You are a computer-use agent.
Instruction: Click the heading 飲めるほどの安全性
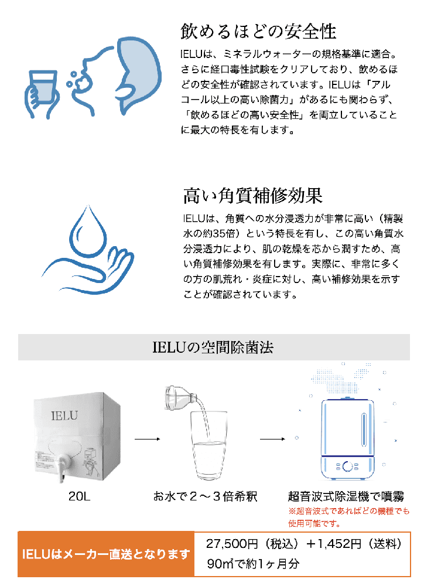point(258,32)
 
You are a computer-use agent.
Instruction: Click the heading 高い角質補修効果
point(252,196)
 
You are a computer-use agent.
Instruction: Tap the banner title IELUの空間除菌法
point(213,347)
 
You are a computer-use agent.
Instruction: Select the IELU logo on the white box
point(64,415)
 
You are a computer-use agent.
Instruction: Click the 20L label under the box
point(79,496)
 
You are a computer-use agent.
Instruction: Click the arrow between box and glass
point(147,439)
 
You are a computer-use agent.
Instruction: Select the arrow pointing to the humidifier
point(272,439)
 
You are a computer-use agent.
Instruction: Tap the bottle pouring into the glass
point(181,398)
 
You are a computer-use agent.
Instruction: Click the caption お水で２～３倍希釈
point(205,496)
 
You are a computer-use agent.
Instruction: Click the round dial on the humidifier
point(347,466)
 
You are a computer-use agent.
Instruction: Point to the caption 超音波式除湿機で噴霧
point(346,496)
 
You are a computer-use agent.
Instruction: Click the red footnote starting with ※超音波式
point(348,517)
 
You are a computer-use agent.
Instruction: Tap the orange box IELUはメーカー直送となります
point(106,554)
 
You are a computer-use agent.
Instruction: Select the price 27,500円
point(232,544)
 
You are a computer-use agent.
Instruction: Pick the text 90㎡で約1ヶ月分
point(253,564)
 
